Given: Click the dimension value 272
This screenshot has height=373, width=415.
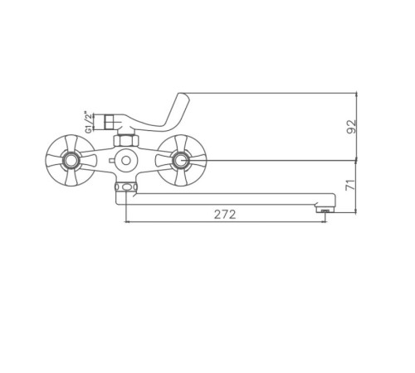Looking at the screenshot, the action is click(225, 215).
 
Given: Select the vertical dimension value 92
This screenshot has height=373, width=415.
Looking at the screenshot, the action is click(352, 127).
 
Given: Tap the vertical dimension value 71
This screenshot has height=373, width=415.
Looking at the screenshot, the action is click(350, 185).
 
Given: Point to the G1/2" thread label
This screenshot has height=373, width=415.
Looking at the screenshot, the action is click(88, 122).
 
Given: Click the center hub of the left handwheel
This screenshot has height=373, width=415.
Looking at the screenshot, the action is click(71, 160).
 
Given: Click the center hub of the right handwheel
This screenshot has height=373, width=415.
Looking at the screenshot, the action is click(181, 160).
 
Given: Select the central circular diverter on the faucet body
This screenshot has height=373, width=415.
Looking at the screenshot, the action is click(126, 160).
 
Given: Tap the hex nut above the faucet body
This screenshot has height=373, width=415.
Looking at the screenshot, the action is click(126, 140).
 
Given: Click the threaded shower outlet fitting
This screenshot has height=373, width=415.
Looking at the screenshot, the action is click(110, 122).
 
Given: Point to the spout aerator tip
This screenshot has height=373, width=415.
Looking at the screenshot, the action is click(325, 210).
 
